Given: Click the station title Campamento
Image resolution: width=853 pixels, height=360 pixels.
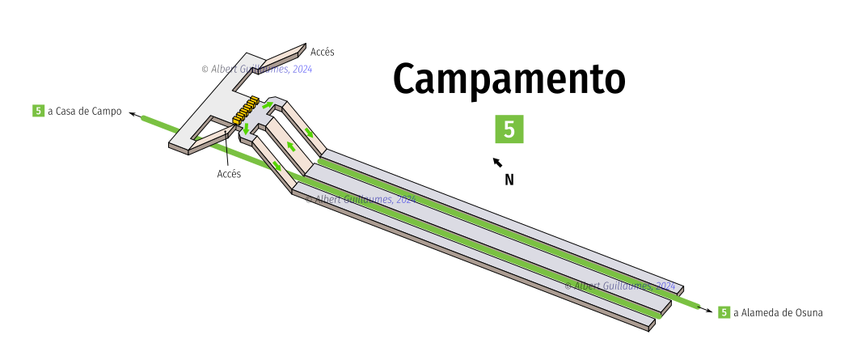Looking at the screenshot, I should click(509, 79).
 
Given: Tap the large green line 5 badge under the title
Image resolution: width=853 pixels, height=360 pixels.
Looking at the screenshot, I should click(509, 129).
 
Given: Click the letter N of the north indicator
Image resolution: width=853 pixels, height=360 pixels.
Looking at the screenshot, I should click(509, 180).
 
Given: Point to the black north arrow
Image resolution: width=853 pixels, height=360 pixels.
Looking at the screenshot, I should click(498, 163).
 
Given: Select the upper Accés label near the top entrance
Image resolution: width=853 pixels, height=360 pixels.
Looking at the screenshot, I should click(322, 52).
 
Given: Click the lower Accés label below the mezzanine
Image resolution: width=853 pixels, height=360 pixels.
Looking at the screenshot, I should click(229, 174).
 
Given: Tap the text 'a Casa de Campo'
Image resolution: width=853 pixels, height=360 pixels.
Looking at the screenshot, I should click(84, 112).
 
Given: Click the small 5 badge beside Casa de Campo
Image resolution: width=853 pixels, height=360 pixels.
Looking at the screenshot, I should click(38, 111).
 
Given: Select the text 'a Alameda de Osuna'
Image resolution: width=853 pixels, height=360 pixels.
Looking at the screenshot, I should click(778, 312).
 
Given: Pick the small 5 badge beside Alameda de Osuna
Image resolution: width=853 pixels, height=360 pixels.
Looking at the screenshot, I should click(724, 312).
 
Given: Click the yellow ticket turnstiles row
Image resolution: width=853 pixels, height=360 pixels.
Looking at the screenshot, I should click(245, 112).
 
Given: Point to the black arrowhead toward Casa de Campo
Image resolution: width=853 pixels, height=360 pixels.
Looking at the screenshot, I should click(133, 114).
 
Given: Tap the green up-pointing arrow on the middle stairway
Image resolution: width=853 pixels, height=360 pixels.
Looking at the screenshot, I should click(289, 146).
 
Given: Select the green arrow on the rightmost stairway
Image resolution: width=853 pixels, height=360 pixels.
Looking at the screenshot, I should click(310, 133).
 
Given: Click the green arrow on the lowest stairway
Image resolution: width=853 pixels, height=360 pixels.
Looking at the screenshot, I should click(277, 165).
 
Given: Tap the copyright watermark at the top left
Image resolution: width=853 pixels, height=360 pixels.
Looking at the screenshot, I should click(256, 70).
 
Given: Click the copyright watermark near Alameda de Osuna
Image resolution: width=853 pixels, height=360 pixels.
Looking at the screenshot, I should click(619, 286).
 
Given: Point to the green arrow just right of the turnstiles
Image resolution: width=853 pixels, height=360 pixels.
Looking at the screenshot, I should click(266, 108).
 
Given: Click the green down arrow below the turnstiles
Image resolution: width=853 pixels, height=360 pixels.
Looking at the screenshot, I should click(246, 129).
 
